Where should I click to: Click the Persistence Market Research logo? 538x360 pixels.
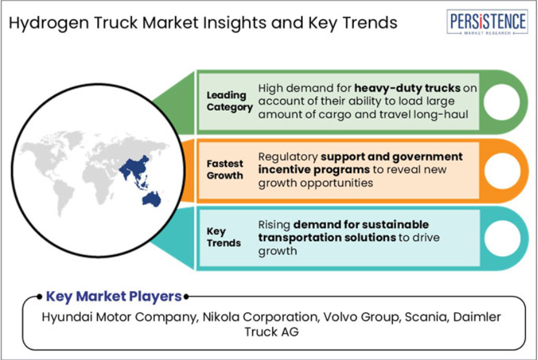coord(487,21)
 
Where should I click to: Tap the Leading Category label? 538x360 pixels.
coord(229,101)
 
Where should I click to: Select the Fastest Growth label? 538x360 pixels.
coord(225,169)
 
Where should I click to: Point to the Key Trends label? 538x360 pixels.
coord(224,237)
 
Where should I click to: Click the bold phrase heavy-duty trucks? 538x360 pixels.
coord(407,88)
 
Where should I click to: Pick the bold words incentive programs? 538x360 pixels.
coord(314,170)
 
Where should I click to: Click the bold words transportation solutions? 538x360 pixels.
coord(327,237)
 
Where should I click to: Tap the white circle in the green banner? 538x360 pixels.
coord(502,102)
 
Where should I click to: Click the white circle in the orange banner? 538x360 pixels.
coord(502,171)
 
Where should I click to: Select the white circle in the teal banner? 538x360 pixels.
coord(502,239)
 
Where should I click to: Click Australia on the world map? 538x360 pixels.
coord(152,199)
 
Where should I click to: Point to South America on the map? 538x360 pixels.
coord(64,197)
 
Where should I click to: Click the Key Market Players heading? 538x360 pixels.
coord(113,296)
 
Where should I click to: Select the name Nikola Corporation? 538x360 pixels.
coord(260,317)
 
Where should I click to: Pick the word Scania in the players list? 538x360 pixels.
coord(427,317)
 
